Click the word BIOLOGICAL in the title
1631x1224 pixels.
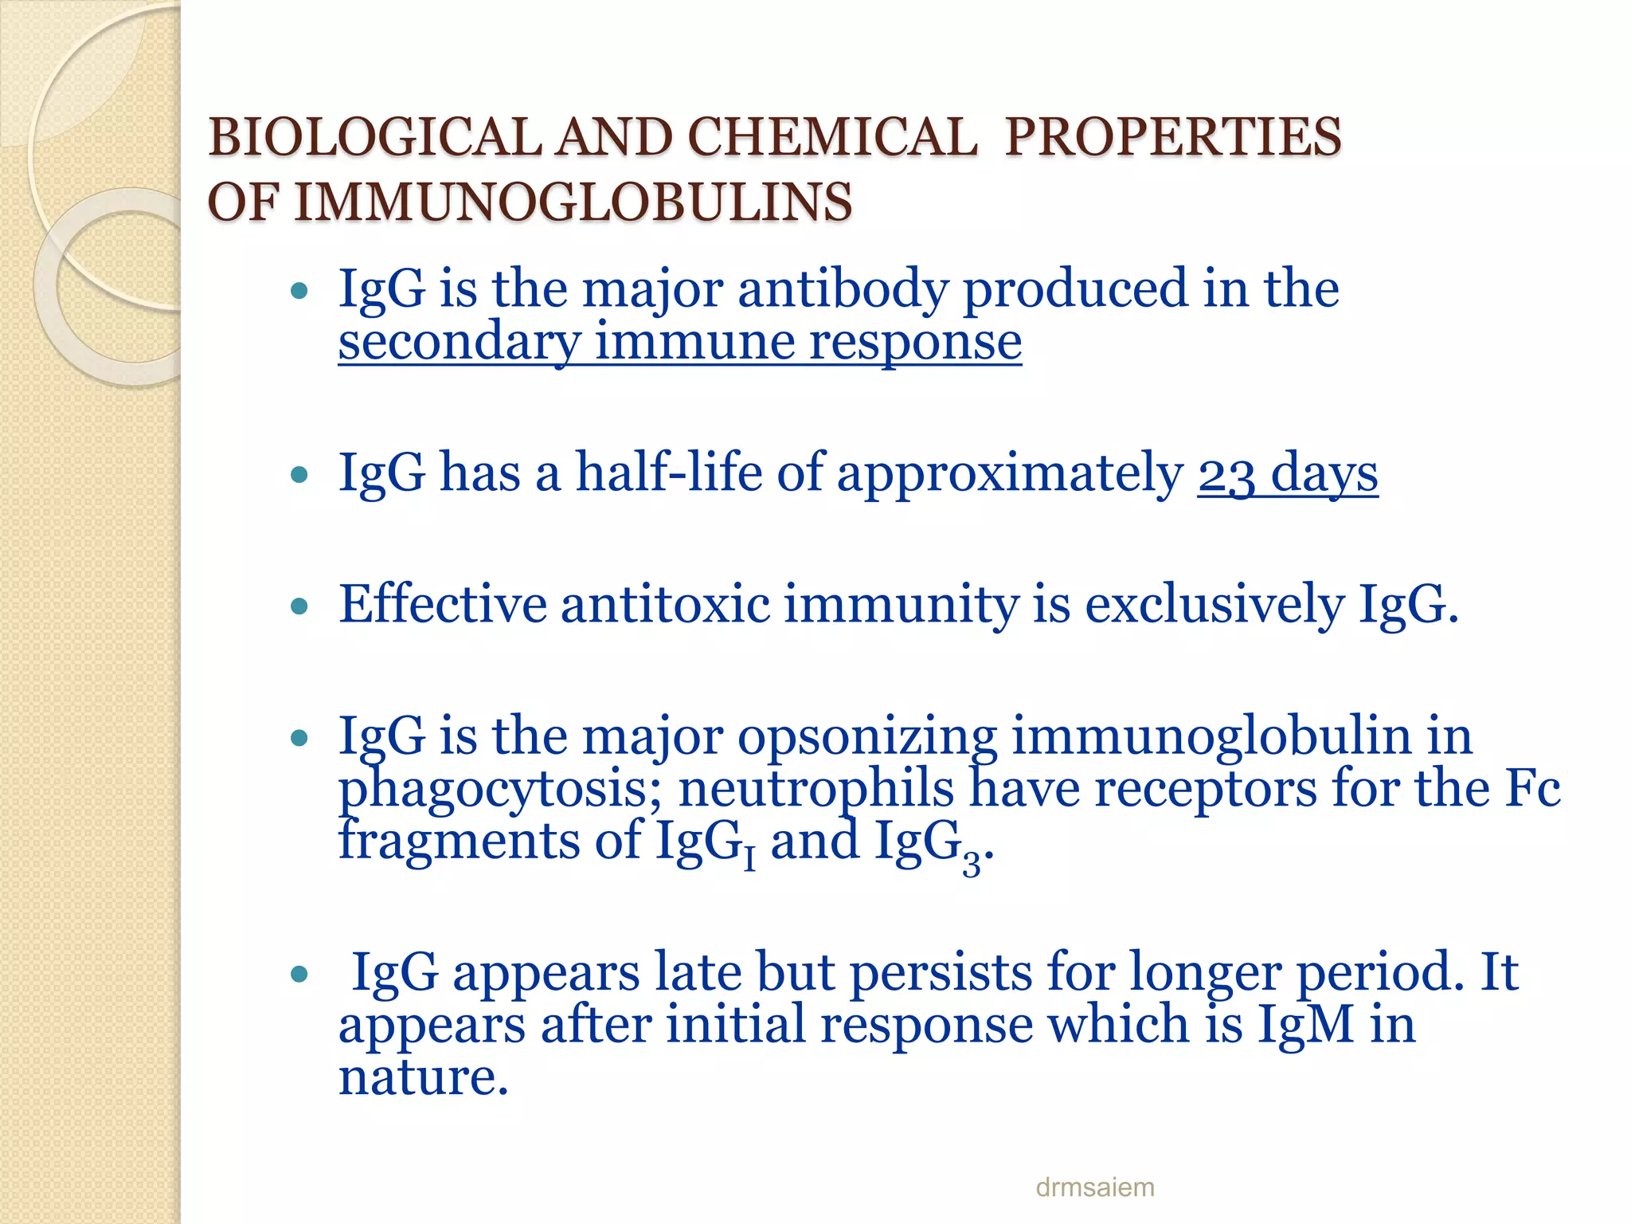[374, 137]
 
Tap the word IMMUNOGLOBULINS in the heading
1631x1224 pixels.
[573, 202]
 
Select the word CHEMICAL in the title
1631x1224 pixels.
[831, 137]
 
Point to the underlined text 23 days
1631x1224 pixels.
[1287, 473]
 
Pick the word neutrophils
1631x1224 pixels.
[816, 789]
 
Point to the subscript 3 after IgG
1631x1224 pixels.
[971, 863]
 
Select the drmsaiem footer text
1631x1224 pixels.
[1094, 1187]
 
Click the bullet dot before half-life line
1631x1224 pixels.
[299, 476]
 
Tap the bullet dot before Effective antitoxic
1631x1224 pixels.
[299, 607]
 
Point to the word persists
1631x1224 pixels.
[941, 972]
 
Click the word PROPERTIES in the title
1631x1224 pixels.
[1173, 137]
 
